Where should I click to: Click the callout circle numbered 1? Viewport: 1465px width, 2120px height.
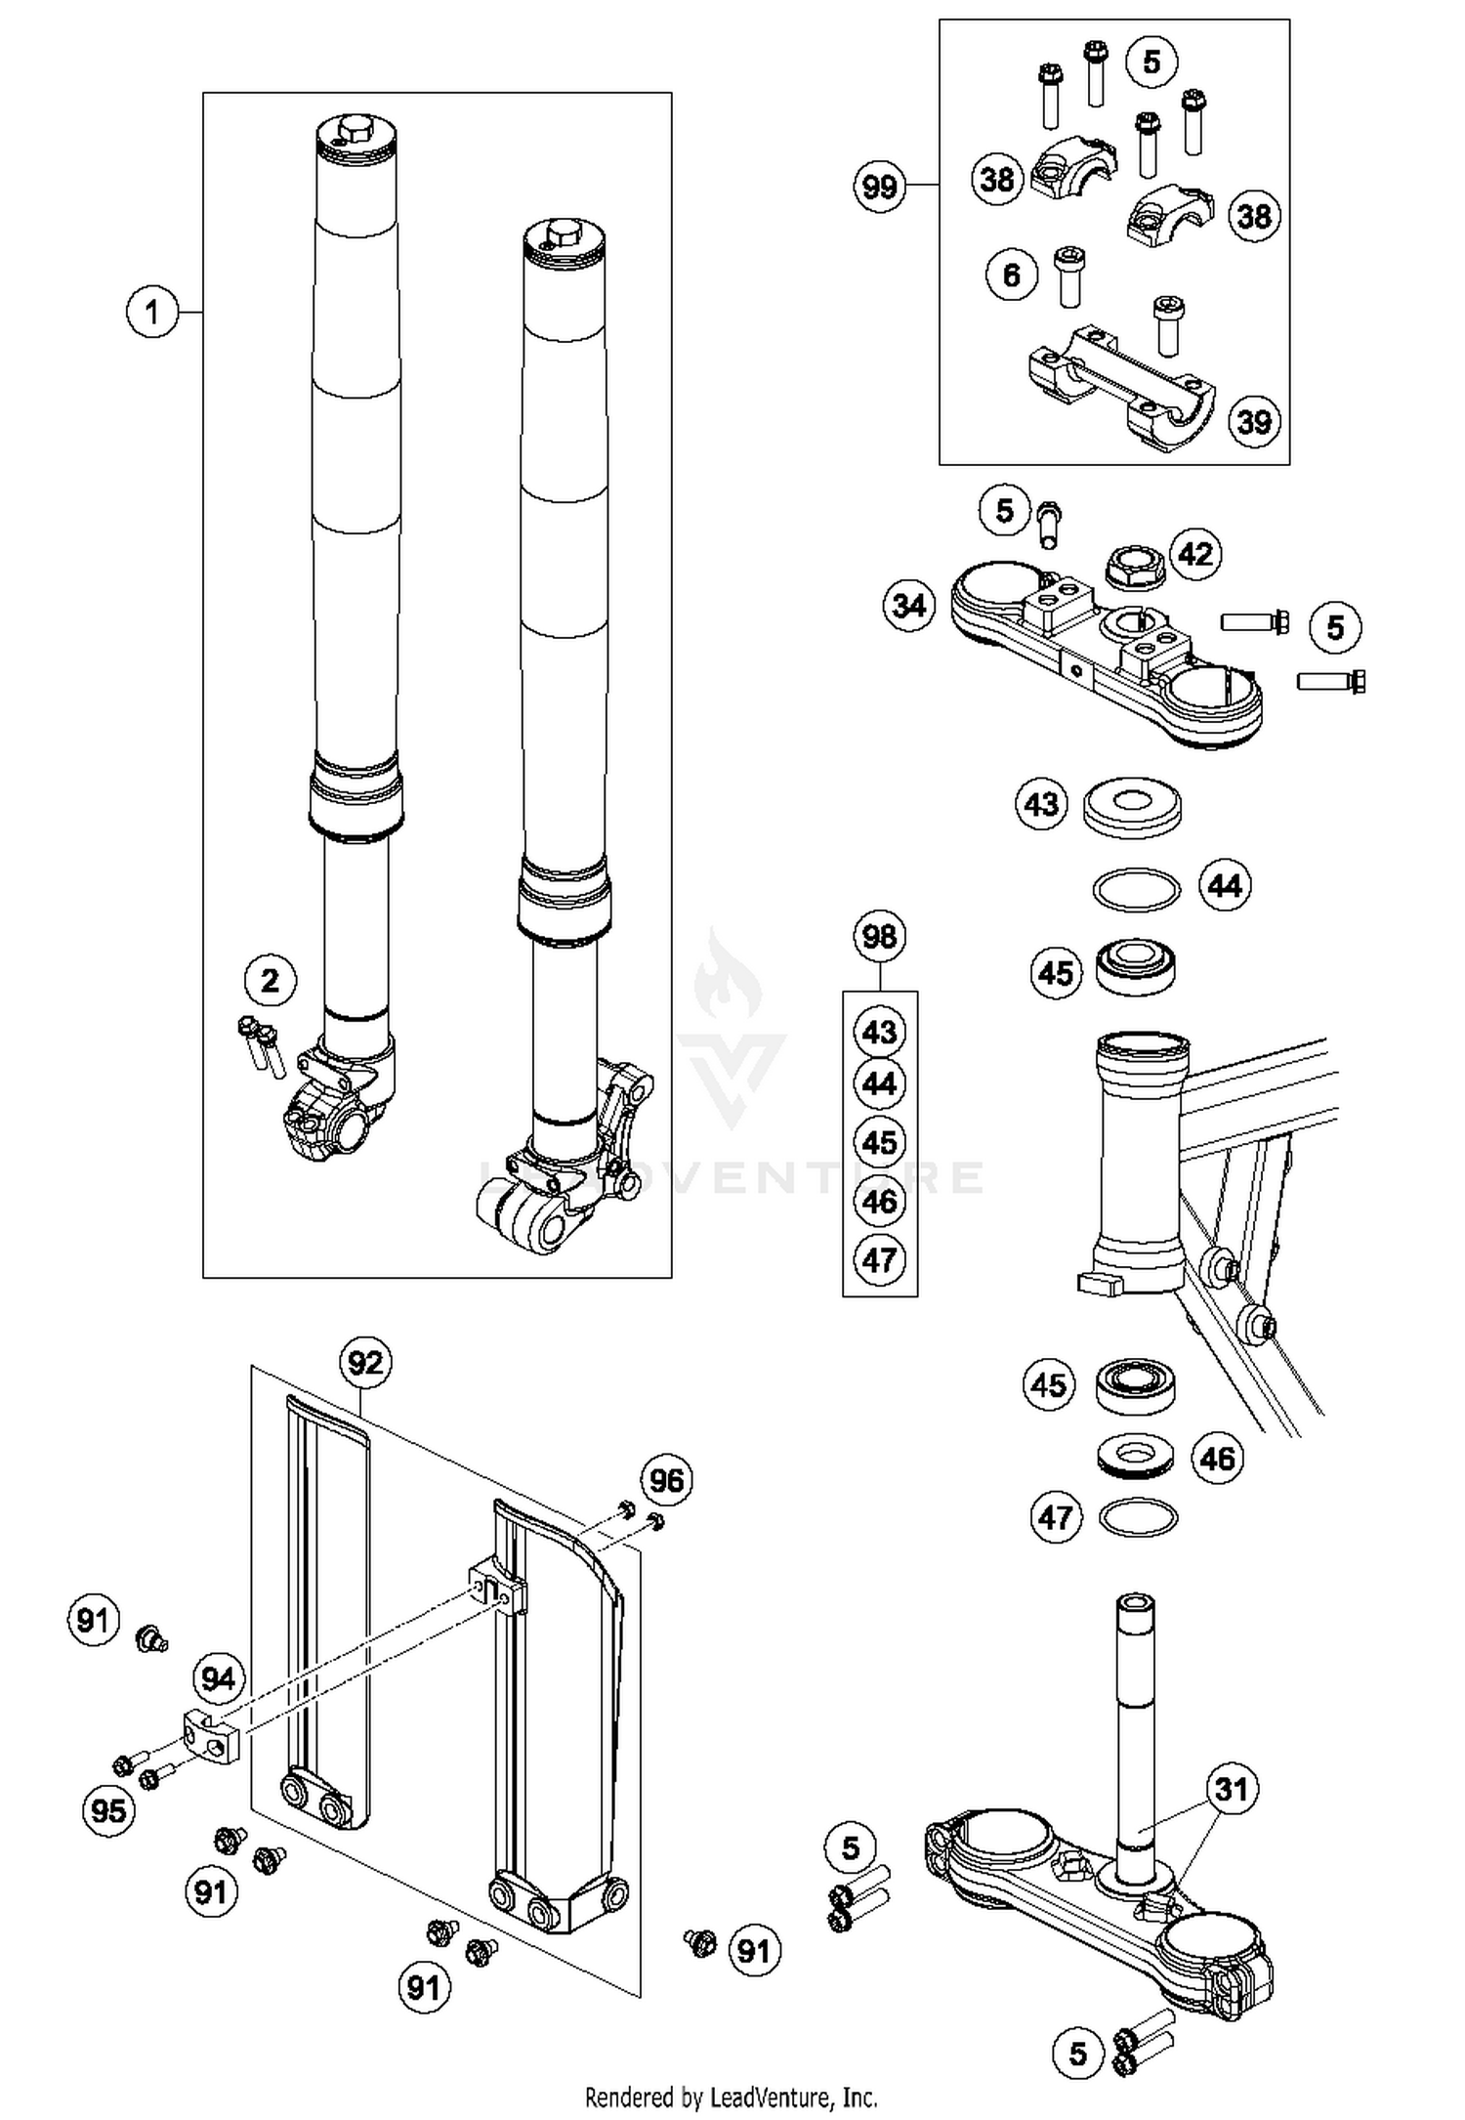point(151,313)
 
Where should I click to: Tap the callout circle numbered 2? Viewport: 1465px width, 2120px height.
point(270,980)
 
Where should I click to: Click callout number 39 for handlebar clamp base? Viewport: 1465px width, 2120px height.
point(1254,421)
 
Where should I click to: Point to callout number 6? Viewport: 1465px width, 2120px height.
point(1011,276)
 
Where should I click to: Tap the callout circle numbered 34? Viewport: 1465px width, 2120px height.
point(908,606)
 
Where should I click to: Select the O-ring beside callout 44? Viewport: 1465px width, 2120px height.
point(1135,889)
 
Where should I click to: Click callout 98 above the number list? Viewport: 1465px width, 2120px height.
point(879,937)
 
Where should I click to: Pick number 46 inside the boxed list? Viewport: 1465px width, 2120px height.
point(879,1202)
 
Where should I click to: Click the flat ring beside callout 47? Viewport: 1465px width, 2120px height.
point(1138,1517)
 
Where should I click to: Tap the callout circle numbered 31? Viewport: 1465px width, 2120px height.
point(1232,1789)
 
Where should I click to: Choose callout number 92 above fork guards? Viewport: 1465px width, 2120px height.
point(365,1362)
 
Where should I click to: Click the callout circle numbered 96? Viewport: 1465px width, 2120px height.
point(666,1480)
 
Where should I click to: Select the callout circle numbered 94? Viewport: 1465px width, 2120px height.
point(218,1678)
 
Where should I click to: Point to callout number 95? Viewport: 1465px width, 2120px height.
point(107,1810)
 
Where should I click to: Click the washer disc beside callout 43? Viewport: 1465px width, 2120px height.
point(1132,807)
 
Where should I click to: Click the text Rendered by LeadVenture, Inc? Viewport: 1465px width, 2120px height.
point(731,2097)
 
